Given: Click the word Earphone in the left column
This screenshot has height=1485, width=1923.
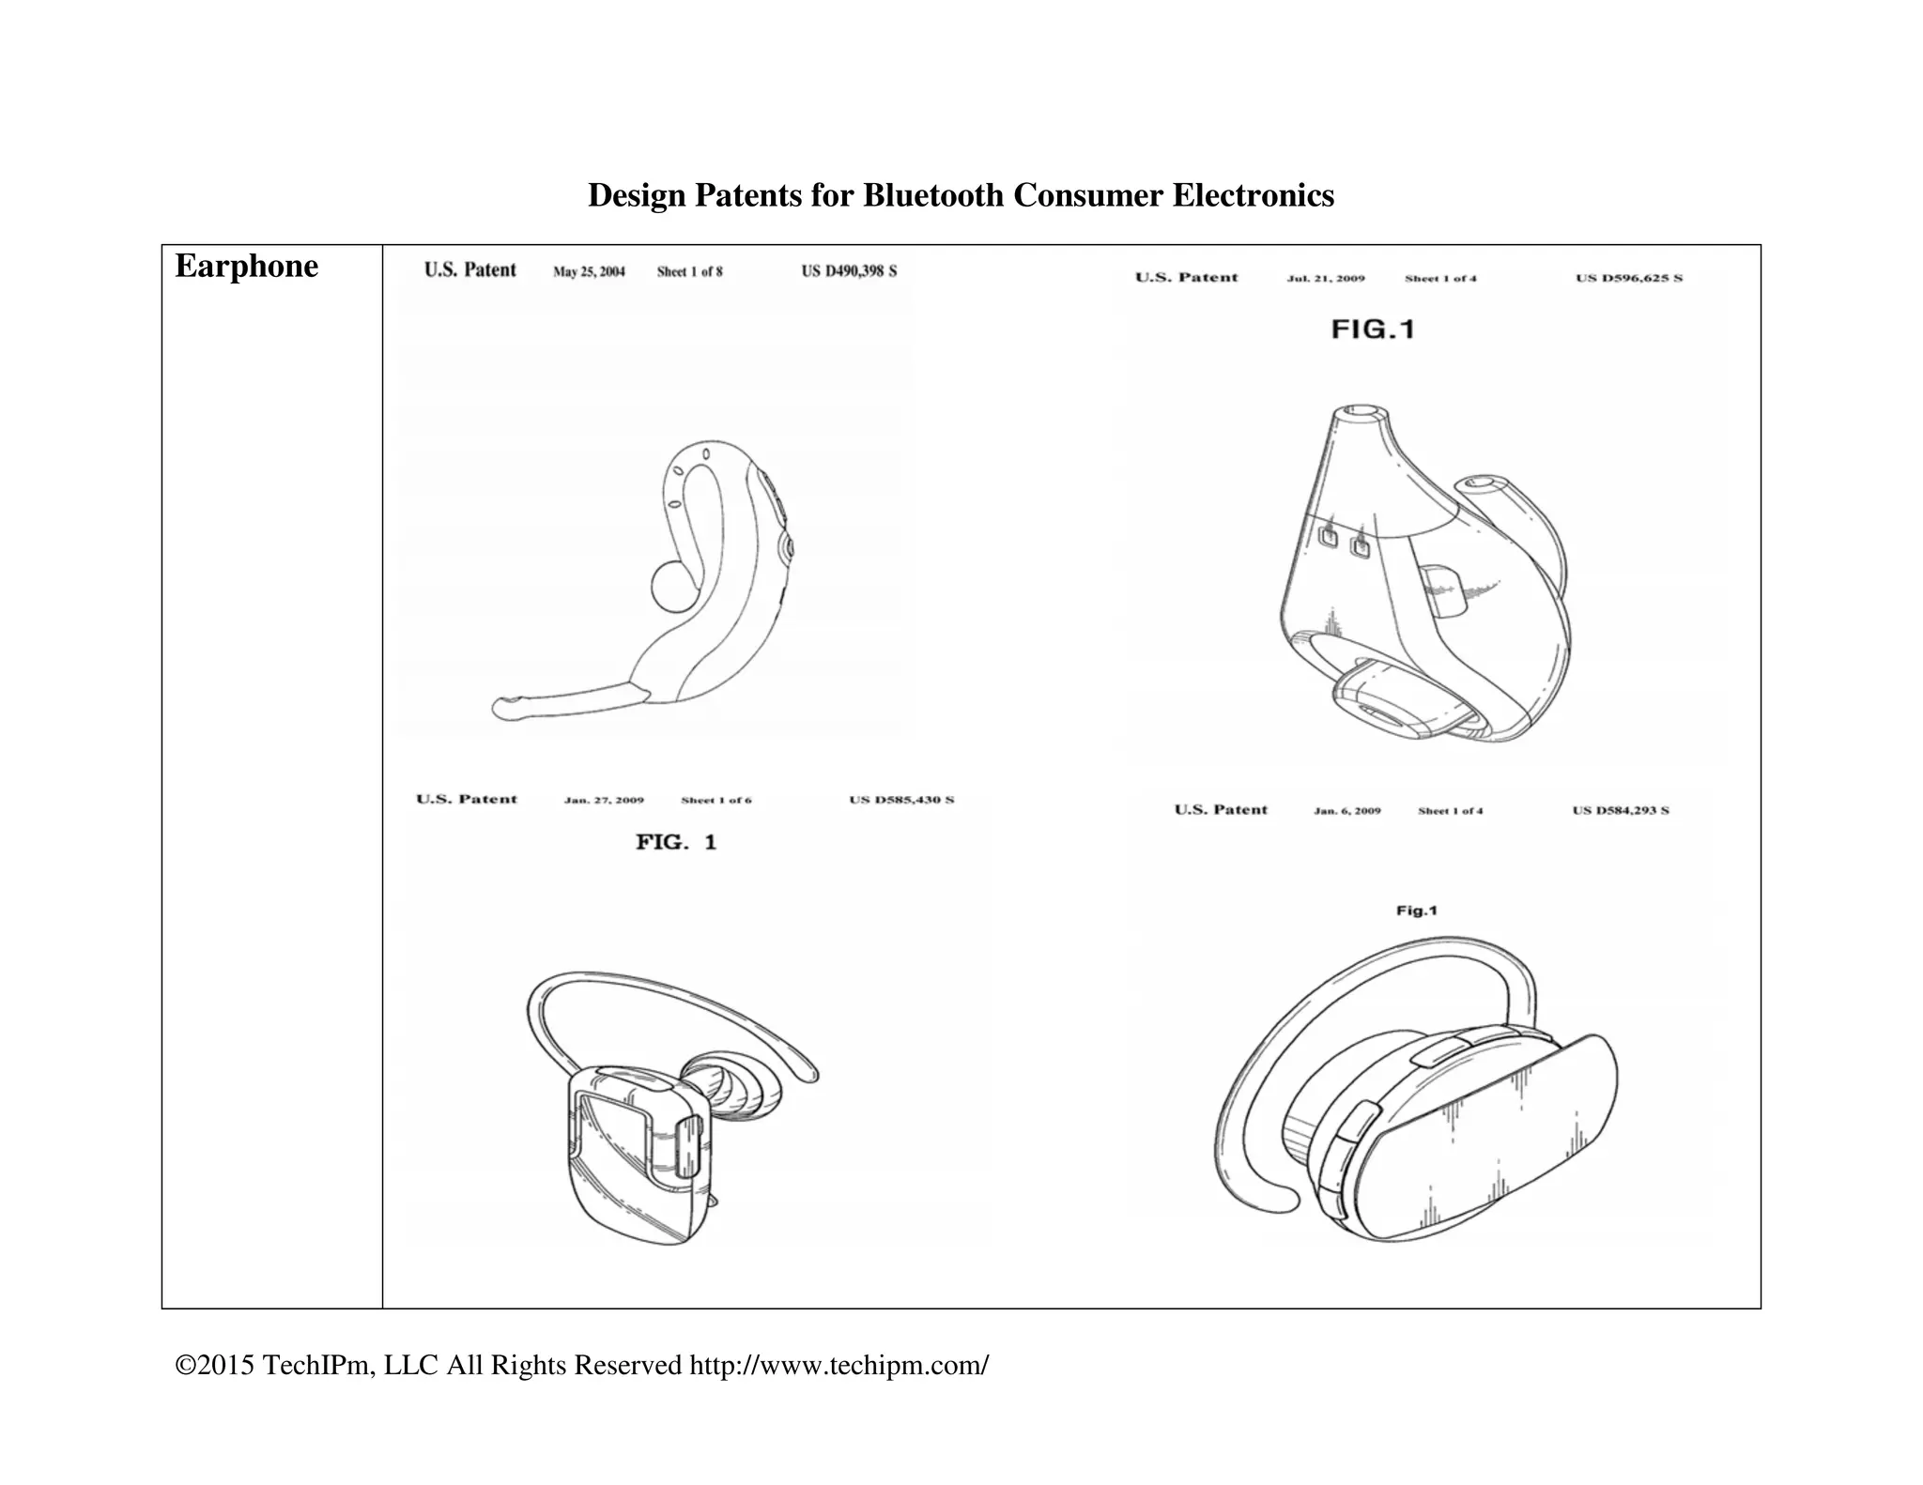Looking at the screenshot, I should (x=246, y=267).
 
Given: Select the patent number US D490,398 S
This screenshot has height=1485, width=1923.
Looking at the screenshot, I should (x=849, y=271).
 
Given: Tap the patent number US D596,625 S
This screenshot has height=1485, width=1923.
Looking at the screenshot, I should (x=1629, y=278).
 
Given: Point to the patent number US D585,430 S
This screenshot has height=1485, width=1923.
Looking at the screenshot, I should (x=901, y=800).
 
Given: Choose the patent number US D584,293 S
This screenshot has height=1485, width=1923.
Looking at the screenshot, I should (x=1621, y=810).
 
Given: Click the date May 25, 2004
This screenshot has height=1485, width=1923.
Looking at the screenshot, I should (x=589, y=272).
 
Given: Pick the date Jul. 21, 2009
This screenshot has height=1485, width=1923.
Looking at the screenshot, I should (x=1326, y=279).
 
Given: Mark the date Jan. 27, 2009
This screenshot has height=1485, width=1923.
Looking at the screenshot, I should (x=604, y=801).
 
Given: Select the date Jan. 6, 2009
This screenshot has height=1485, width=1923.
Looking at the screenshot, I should (x=1347, y=811).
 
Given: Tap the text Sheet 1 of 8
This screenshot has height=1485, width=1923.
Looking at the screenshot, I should (x=690, y=272).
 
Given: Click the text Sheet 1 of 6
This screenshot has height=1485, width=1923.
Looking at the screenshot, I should (x=716, y=801).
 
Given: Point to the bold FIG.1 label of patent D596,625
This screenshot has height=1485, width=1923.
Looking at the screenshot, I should (x=1373, y=329).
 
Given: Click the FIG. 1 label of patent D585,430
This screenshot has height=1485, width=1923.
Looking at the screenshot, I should (x=676, y=842).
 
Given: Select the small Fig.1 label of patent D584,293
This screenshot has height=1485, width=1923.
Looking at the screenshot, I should (x=1417, y=911).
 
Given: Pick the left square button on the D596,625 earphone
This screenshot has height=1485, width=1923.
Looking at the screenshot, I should (x=1329, y=537).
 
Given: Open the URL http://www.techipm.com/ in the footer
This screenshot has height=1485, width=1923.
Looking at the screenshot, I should (x=838, y=1365).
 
